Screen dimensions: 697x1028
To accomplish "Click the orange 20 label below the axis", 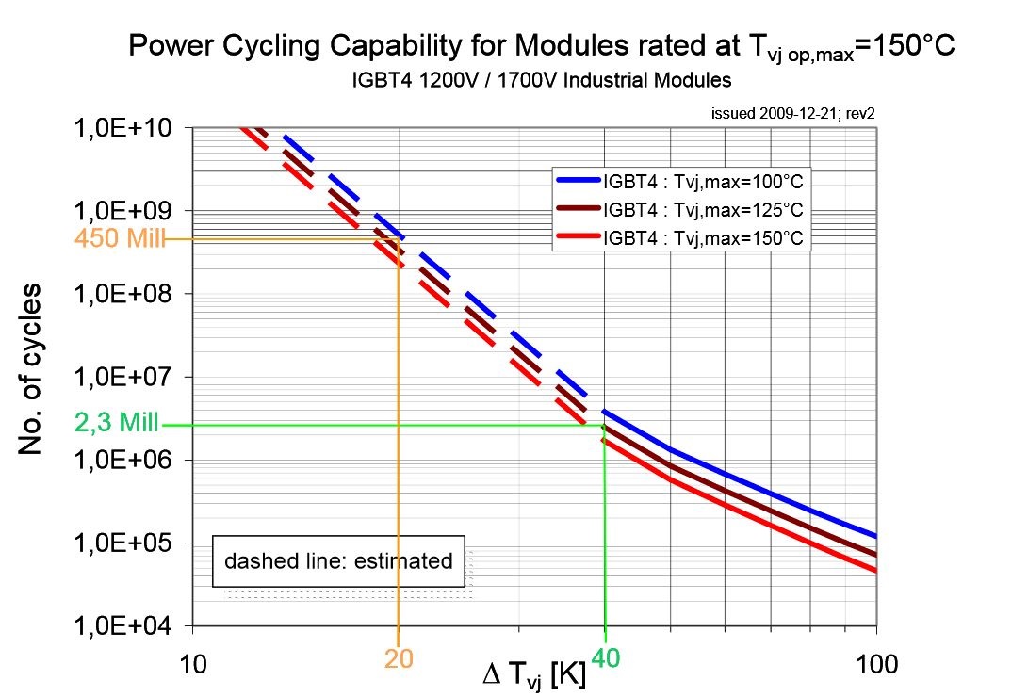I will [x=399, y=660].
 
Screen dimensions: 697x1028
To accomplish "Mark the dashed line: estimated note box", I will [x=338, y=561].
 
